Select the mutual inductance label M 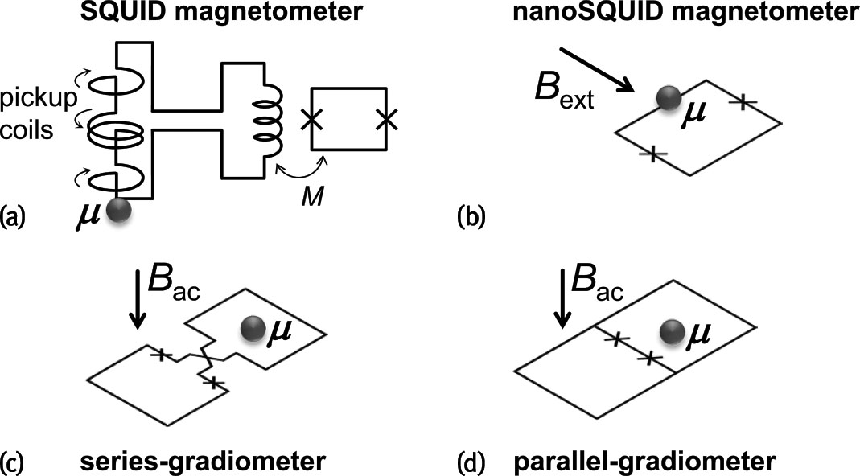(x=315, y=198)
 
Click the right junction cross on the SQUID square (x=386, y=120)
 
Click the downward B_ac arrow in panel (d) (x=565, y=301)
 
